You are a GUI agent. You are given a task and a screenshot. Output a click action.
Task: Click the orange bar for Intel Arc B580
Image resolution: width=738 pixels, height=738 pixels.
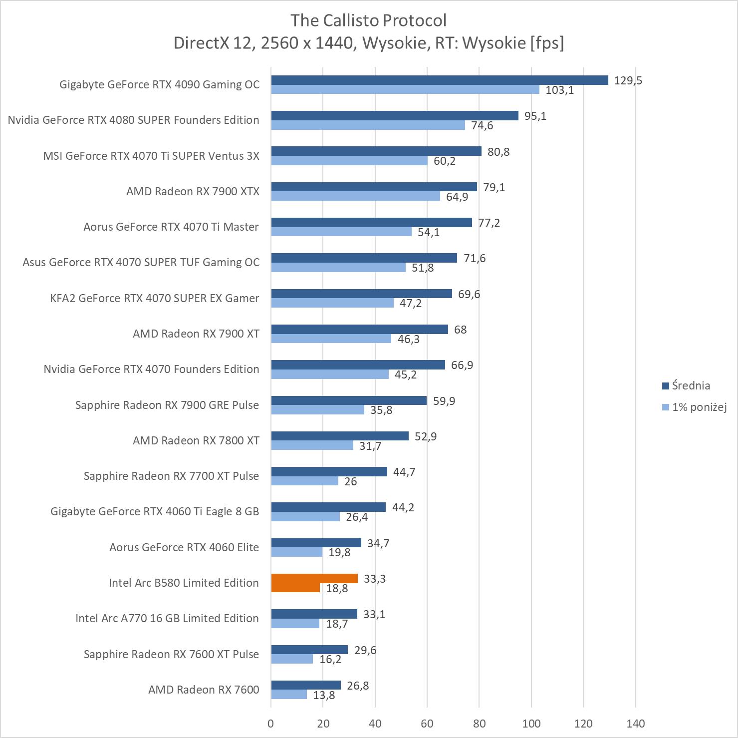click(314, 579)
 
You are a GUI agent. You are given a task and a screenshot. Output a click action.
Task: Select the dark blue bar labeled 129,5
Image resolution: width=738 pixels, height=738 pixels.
click(440, 80)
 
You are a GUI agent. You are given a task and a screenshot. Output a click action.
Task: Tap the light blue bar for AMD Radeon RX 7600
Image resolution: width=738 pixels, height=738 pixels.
click(289, 695)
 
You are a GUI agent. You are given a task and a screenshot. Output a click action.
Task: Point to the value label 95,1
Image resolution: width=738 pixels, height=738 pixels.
click(535, 116)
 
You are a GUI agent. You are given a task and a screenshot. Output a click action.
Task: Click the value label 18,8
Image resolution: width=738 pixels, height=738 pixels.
click(337, 589)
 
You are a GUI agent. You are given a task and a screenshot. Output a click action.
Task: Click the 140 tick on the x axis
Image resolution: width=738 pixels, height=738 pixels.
click(635, 724)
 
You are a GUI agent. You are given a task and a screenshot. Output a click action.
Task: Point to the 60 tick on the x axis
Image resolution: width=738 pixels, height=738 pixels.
click(427, 724)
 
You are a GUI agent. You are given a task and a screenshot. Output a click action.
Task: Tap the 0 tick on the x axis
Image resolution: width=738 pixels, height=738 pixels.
click(271, 724)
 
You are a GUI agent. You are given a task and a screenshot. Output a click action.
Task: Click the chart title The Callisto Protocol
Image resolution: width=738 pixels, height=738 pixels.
click(368, 20)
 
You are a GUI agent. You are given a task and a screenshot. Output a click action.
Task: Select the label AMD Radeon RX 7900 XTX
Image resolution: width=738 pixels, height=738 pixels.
click(193, 191)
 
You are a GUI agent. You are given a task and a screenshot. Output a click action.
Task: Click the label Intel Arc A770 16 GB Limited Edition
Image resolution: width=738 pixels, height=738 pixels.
click(167, 618)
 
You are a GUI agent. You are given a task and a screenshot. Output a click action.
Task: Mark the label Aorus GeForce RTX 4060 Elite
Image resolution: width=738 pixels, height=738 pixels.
click(184, 547)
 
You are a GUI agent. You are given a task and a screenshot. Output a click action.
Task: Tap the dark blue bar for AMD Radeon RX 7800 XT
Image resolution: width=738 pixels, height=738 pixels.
click(340, 436)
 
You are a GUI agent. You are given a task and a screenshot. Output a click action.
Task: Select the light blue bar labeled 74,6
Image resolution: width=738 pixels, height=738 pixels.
click(368, 125)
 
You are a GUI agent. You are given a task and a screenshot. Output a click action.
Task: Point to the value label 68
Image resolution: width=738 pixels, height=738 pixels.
click(460, 330)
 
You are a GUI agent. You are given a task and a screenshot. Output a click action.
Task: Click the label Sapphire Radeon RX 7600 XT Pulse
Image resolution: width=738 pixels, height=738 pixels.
click(171, 654)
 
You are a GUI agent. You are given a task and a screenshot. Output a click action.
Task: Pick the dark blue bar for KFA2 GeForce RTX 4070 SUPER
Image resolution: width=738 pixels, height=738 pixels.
click(361, 294)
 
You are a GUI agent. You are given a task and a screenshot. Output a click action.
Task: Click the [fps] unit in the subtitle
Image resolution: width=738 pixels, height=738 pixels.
click(547, 43)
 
